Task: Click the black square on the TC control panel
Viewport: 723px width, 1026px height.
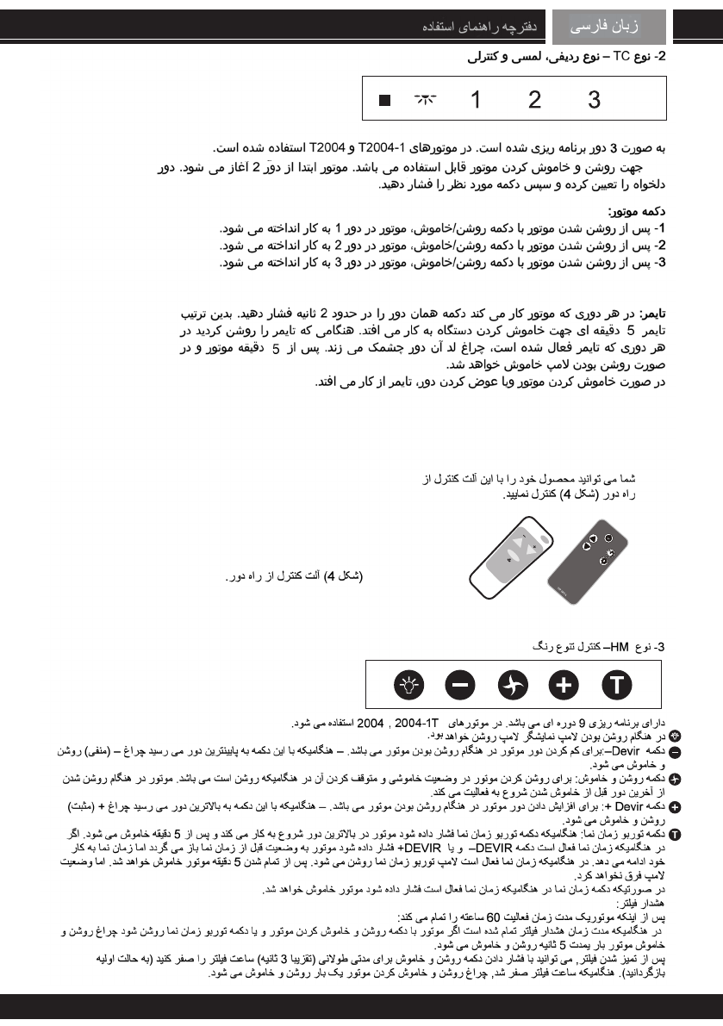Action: (384, 101)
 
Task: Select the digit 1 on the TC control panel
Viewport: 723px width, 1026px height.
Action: (476, 100)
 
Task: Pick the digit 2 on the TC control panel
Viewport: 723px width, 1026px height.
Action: (535, 100)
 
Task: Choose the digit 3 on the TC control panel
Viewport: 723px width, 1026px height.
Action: (595, 100)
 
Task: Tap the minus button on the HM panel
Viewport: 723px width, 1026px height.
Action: (459, 685)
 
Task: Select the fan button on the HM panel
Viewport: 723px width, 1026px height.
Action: (512, 685)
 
